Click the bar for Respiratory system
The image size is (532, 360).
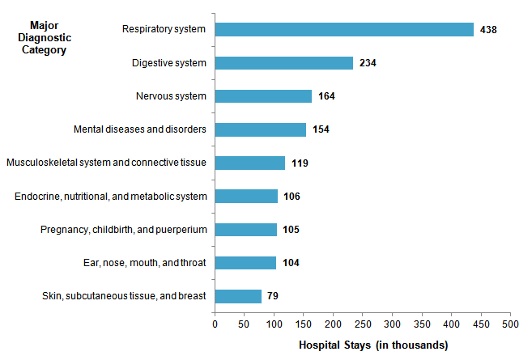coord(344,29)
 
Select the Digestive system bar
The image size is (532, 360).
coord(283,63)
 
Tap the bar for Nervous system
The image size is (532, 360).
coord(263,96)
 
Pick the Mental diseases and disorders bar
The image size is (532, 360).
coord(260,129)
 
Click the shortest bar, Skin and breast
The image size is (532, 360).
coord(238,296)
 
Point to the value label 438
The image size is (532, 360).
coord(487,30)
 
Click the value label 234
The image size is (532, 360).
coord(367,63)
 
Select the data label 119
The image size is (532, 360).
coord(299,163)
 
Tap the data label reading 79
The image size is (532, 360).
coord(273,296)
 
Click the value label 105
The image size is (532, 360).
coord(291,230)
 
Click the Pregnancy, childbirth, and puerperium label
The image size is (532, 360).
coord(124,230)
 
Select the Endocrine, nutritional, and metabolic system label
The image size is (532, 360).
coord(112,197)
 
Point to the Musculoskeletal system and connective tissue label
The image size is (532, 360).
coord(106,163)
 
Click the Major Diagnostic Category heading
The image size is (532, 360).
coord(45,36)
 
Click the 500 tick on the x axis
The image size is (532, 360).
coord(510,324)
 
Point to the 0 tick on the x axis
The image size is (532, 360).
coord(215,324)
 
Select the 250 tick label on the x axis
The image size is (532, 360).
coord(362,324)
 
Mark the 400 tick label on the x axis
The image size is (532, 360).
coord(451,324)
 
